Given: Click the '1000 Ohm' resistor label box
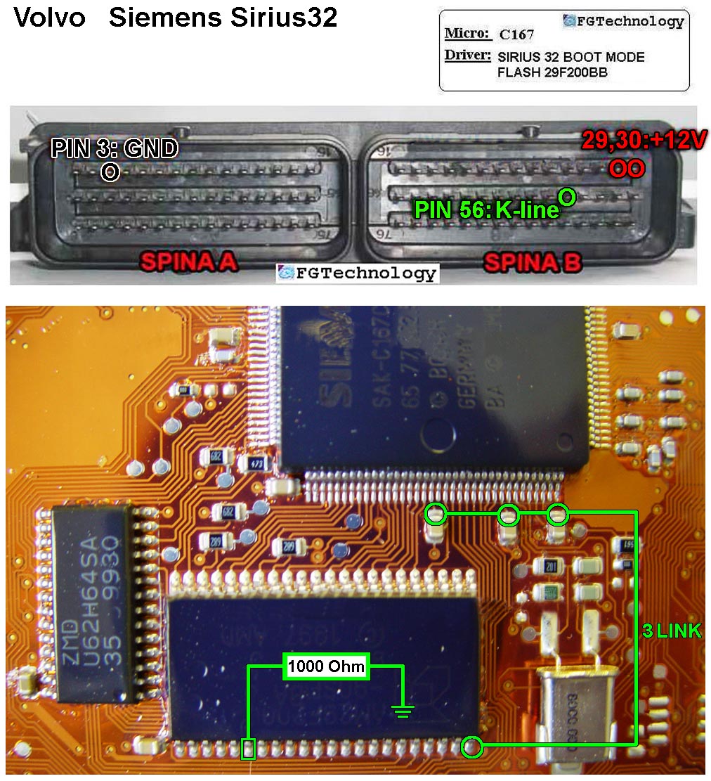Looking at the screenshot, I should (327, 666).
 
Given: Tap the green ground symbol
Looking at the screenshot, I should (402, 711).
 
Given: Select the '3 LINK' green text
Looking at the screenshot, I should (672, 631).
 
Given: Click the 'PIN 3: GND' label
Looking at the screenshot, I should (115, 148).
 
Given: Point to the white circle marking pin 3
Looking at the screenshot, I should (110, 171).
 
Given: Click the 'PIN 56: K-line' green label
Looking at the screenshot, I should (486, 209).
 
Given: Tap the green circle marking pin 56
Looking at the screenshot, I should (566, 196).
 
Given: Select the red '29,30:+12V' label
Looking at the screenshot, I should (643, 141).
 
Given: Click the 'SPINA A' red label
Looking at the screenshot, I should (188, 262).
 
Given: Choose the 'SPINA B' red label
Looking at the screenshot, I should (532, 262).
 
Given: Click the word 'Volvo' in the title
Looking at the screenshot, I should (49, 18).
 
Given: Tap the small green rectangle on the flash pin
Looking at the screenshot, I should (248, 749).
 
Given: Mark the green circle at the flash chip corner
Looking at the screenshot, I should (474, 747).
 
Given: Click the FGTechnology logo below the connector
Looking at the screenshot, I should (358, 273).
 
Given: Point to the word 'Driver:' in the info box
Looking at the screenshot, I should (467, 55).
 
